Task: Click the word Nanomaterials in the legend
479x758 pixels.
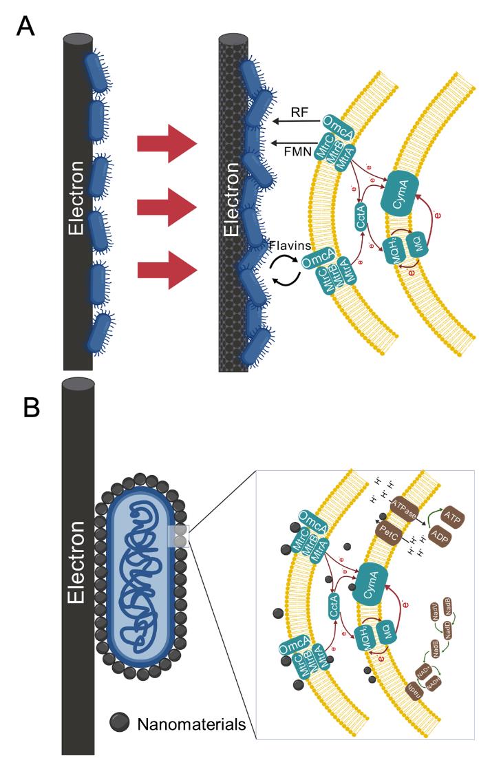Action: coord(191,724)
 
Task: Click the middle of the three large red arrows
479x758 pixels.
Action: coord(167,204)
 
